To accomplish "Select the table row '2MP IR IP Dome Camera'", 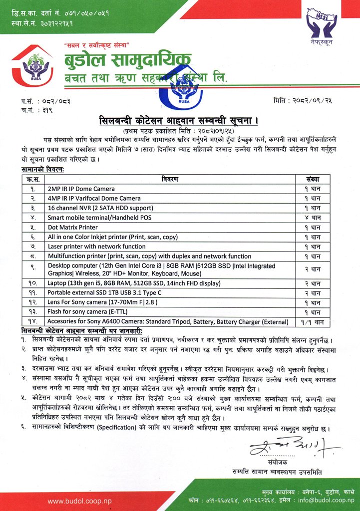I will pos(81,189).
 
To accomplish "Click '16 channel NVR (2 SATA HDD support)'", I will pos(100,208).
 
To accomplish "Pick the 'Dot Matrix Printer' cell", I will pos(72,227).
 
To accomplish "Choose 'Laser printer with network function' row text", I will pos(97,247).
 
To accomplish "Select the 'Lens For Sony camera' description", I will pos(95,302).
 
